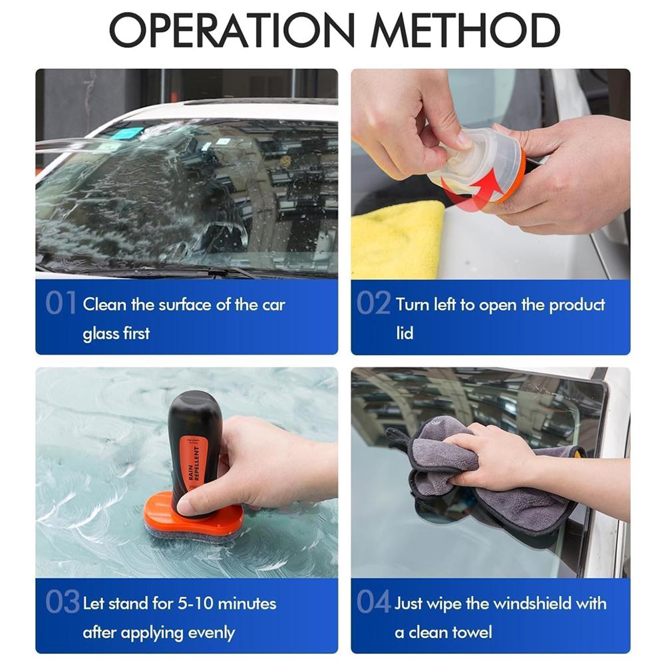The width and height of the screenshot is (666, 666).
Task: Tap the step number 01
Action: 61,304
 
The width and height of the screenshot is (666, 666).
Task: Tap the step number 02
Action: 373,304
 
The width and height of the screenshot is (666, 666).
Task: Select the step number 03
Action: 63,602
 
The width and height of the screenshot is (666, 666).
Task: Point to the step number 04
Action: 373,602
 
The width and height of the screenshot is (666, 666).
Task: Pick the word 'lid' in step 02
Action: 405,333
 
